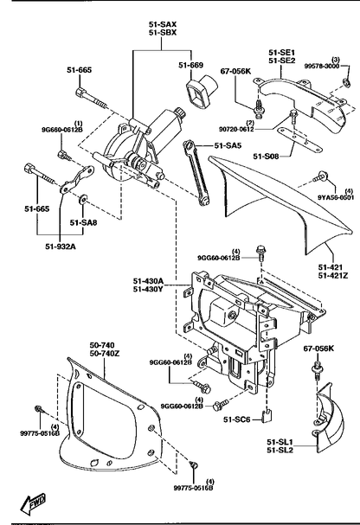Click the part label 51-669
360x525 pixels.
(191, 65)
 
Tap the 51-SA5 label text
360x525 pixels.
(228, 145)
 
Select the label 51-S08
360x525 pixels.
(266, 156)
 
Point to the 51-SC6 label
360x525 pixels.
(237, 419)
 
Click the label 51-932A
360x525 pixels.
(61, 246)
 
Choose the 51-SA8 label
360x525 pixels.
(83, 222)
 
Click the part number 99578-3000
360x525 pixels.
(321, 66)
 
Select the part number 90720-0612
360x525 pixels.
(236, 129)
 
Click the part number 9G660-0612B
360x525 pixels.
(62, 130)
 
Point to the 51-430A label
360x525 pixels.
(148, 280)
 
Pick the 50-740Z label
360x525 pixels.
(105, 353)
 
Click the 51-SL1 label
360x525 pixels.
(280, 442)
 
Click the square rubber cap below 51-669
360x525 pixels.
(201, 92)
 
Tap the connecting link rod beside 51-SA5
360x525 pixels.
(196, 173)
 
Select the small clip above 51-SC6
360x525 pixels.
(267, 415)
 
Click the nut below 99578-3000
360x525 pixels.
(347, 82)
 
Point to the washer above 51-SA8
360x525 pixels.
(82, 200)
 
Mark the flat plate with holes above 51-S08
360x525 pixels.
(299, 138)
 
